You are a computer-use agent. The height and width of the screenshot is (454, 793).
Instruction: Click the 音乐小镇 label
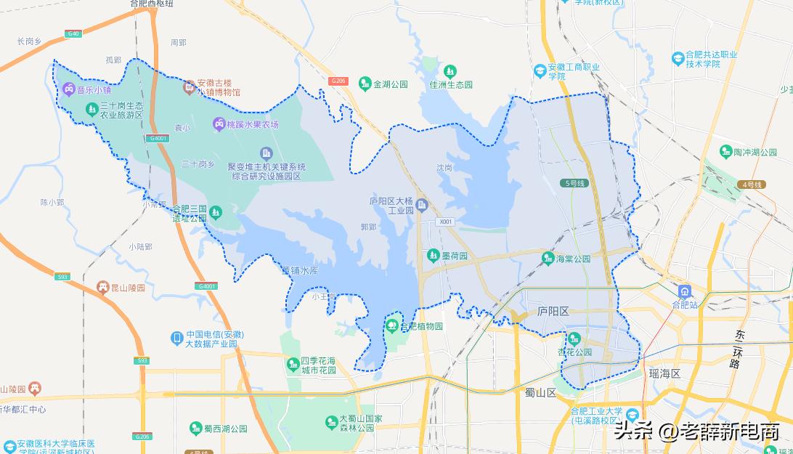pyautogui.click(x=94, y=91)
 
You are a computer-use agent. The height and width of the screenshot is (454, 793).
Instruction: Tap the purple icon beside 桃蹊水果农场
pyautogui.click(x=218, y=124)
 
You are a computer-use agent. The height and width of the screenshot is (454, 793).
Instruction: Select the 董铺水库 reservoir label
pyautogui.click(x=300, y=271)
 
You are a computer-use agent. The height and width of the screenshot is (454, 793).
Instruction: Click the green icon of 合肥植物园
pyautogui.click(x=393, y=325)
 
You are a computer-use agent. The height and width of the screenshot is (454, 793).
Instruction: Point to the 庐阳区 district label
pyautogui.click(x=553, y=311)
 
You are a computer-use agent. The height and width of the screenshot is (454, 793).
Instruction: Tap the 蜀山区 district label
pyautogui.click(x=540, y=392)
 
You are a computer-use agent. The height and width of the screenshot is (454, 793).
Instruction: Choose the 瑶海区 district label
pyautogui.click(x=664, y=373)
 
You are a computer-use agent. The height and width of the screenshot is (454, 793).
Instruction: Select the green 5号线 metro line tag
pyautogui.click(x=573, y=183)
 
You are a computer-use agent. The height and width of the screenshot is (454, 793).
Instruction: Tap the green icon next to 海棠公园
pyautogui.click(x=548, y=258)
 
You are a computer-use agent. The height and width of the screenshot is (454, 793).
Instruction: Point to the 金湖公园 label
pyautogui.click(x=391, y=84)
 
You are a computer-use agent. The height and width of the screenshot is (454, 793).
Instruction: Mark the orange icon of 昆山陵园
pyautogui.click(x=102, y=288)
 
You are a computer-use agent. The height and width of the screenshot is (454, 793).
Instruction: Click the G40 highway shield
pyautogui.click(x=73, y=34)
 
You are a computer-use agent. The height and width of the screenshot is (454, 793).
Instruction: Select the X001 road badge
pyautogui.click(x=445, y=222)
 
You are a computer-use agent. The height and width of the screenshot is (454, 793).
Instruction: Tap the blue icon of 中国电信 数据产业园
pyautogui.click(x=176, y=338)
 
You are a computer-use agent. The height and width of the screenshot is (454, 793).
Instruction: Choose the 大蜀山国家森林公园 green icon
pyautogui.click(x=330, y=422)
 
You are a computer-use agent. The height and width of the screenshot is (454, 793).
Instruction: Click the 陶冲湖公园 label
pyautogui.click(x=758, y=152)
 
